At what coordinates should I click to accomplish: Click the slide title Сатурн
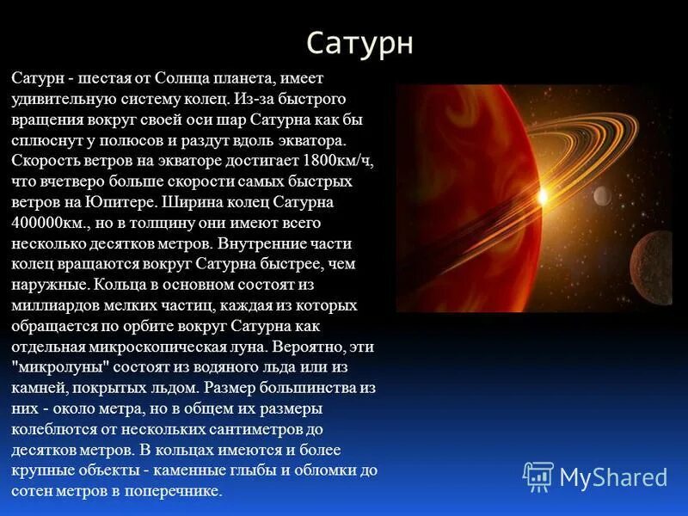[x=359, y=43]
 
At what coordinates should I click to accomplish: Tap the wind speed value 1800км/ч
[x=342, y=161]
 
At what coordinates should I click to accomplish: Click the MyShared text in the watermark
[x=613, y=477]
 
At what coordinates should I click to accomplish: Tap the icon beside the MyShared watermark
[x=538, y=476]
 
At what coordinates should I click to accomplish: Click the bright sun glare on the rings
[x=542, y=197]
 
